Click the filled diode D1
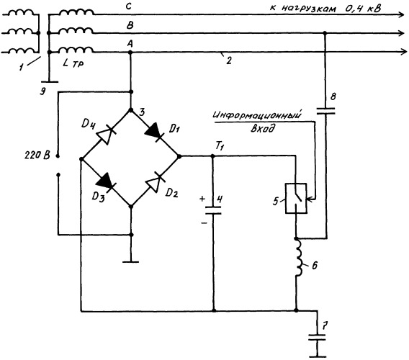(x=154, y=132)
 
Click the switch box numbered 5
(x=296, y=199)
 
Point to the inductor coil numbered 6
(x=298, y=258)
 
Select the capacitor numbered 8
(x=325, y=111)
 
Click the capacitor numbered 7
(x=317, y=337)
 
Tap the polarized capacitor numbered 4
(x=213, y=210)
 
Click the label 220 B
(x=37, y=156)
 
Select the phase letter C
(x=129, y=6)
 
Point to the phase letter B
(x=130, y=25)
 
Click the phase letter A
(x=130, y=44)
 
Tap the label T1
(x=219, y=147)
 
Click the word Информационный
(x=258, y=115)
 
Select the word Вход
(x=263, y=128)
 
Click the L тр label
(x=73, y=63)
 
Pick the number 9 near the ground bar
(x=42, y=91)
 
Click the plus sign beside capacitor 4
(x=202, y=199)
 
